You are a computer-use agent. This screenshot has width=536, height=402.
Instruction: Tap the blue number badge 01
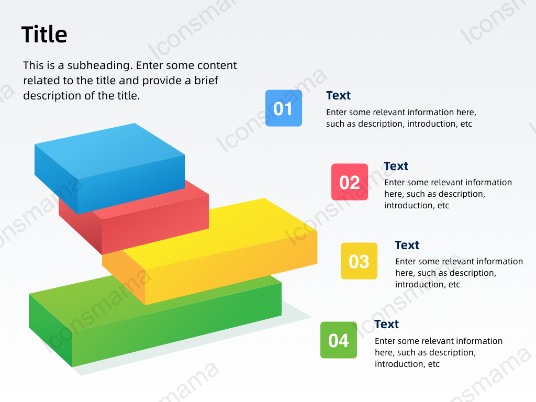coord(284,108)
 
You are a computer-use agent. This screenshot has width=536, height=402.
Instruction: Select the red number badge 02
coord(350,182)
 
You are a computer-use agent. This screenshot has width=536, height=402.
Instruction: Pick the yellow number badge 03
coord(359,261)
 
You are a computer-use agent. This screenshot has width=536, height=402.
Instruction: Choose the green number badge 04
coord(339,340)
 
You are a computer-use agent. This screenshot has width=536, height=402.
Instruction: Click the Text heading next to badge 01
coord(339,95)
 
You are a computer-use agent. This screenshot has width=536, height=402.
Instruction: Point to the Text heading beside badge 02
coord(396,166)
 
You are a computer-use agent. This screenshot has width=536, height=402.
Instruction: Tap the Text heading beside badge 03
coord(407,245)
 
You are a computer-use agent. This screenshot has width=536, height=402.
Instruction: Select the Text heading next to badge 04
coord(387,324)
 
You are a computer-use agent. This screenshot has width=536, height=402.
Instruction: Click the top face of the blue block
coord(110,150)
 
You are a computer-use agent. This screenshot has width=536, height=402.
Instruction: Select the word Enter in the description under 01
coord(337,113)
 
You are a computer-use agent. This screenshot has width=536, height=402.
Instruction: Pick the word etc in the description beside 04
coord(434,364)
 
